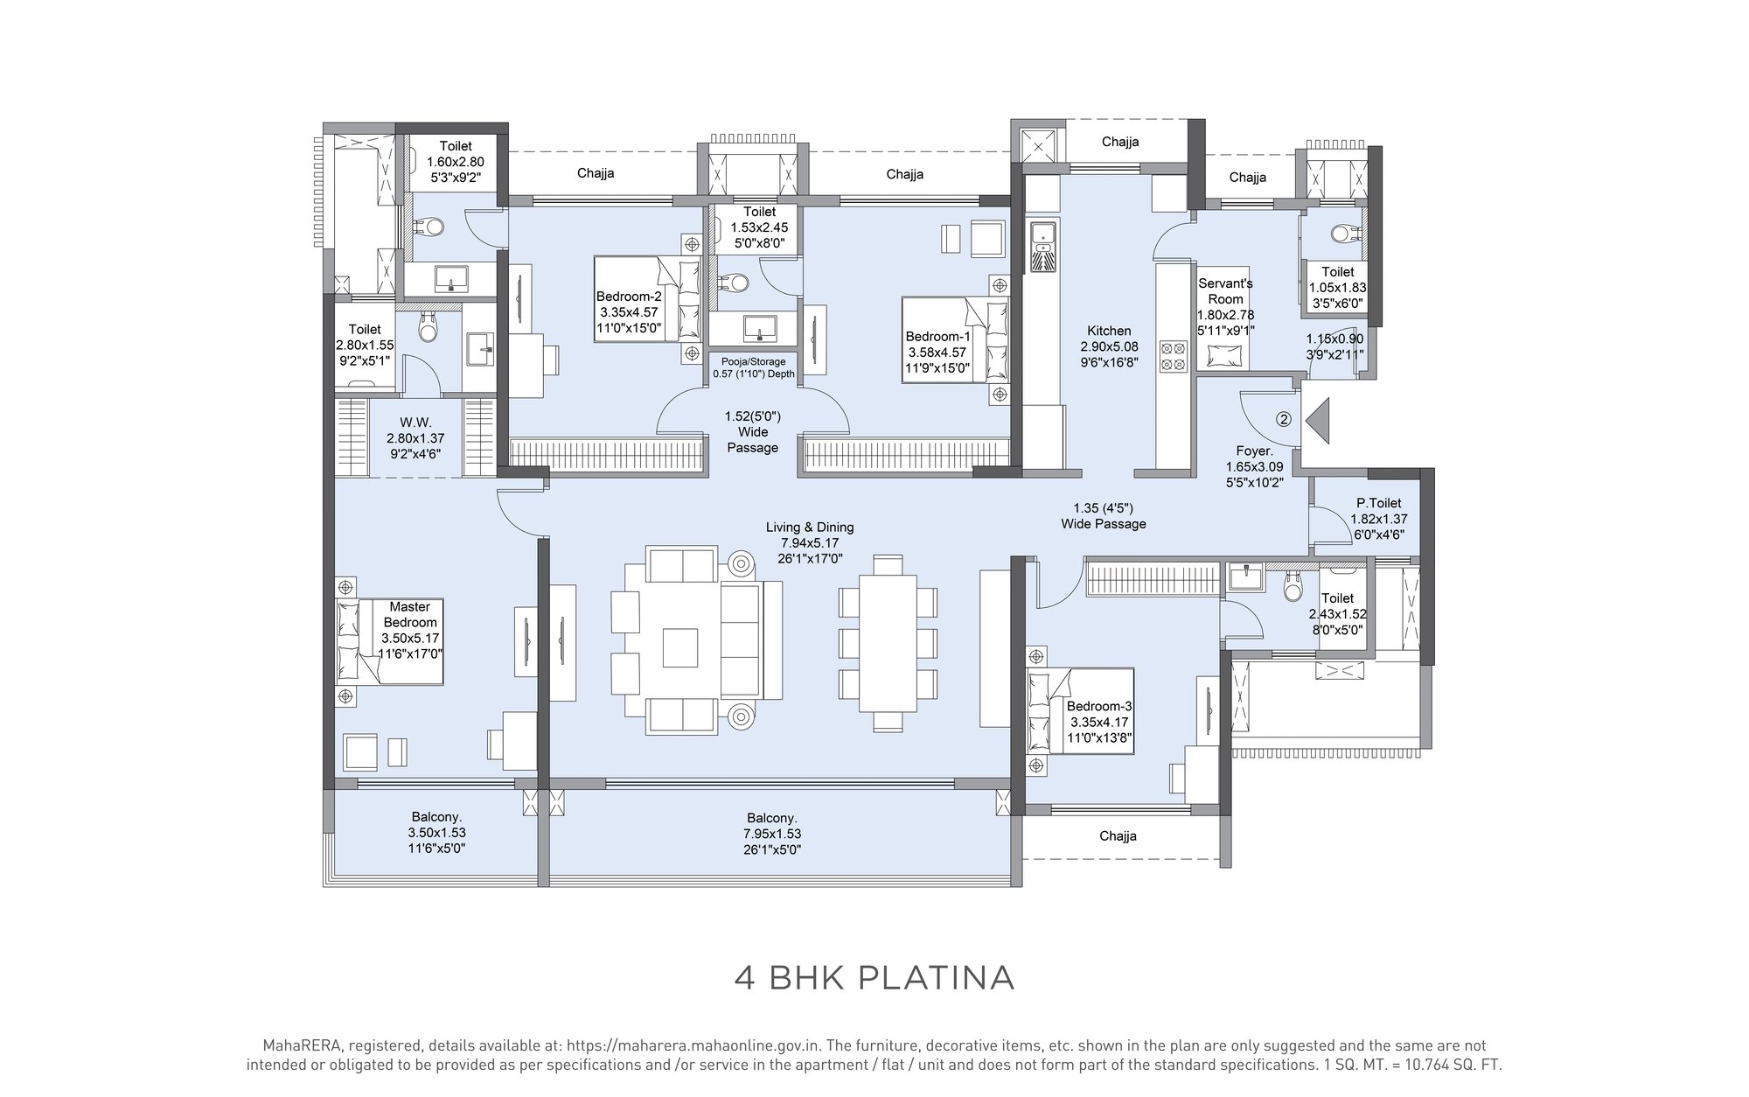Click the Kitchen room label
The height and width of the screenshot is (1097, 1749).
[x=1109, y=332]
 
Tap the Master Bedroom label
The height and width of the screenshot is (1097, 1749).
[x=409, y=615]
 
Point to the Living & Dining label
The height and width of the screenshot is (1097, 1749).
[x=810, y=528]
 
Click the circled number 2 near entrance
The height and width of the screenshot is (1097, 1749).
[x=1284, y=419]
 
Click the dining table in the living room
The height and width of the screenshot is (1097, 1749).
[x=888, y=644]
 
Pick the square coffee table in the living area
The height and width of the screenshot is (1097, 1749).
[x=681, y=648]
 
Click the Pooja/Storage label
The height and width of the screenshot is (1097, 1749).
[x=753, y=361]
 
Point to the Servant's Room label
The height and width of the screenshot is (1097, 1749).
[x=1225, y=291]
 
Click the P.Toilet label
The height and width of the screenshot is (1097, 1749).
[x=1379, y=503]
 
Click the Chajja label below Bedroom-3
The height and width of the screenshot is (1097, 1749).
[x=1118, y=836]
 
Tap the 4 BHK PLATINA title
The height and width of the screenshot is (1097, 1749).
[x=874, y=977]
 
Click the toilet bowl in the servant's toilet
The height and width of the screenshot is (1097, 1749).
[x=1342, y=234]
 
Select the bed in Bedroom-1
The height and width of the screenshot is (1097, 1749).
[x=955, y=340]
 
